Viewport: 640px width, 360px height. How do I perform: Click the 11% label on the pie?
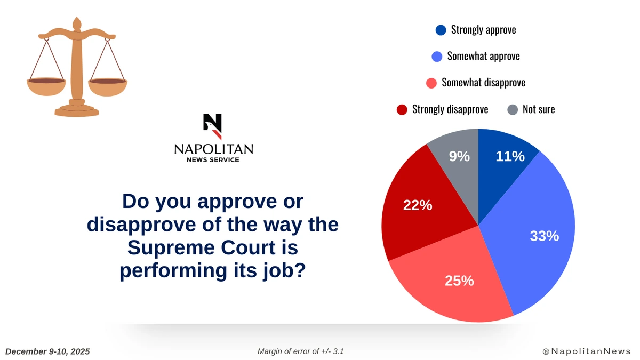click(510, 156)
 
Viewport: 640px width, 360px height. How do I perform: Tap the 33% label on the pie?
click(544, 236)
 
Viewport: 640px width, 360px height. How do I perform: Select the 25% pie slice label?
click(459, 281)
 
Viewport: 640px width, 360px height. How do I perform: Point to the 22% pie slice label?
click(417, 205)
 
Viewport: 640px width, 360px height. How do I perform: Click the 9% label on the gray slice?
click(459, 156)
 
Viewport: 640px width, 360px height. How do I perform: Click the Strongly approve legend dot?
click(441, 30)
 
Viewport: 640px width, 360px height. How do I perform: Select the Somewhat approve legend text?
click(483, 56)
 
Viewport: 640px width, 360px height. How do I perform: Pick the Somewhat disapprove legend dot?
click(432, 83)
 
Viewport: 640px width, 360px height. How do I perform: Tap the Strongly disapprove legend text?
click(450, 109)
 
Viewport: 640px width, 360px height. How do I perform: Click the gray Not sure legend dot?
click(512, 109)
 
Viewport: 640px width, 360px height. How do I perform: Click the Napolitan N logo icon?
click(212, 126)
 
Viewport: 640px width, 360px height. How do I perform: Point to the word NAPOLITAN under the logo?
click(213, 149)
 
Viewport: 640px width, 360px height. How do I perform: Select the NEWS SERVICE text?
click(213, 160)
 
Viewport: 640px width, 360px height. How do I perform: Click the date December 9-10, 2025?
click(47, 351)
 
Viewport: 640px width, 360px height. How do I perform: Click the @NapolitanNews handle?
click(586, 351)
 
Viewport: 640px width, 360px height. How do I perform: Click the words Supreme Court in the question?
click(212, 247)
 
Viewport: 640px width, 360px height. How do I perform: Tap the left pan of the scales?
click(46, 86)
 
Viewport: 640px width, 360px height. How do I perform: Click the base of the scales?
click(77, 110)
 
